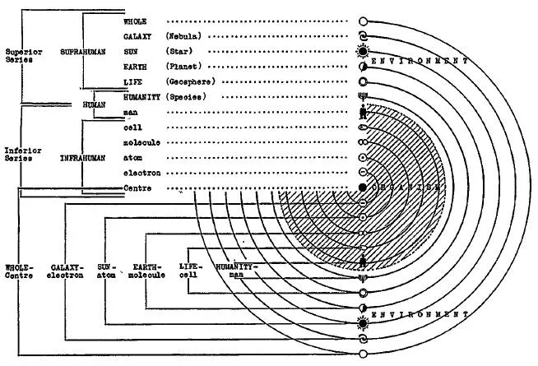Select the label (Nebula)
184,36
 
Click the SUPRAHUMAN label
80,51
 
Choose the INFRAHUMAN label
81,159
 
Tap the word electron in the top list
141,174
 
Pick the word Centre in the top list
137,188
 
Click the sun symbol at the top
363,51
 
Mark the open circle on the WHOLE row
363,21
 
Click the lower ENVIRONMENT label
420,316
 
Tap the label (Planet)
184,66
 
